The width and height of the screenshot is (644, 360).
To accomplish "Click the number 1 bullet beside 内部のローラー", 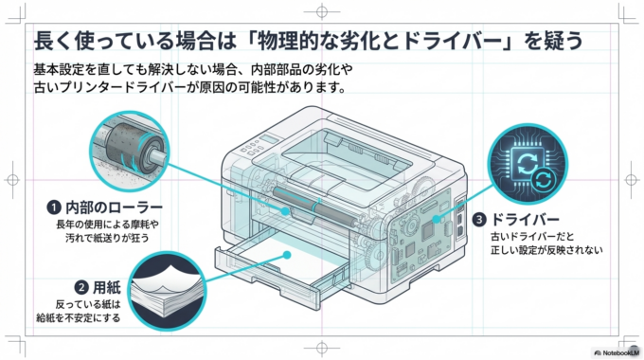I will coord(55,207).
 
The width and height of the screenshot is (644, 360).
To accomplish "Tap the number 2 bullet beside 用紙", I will coord(82,287).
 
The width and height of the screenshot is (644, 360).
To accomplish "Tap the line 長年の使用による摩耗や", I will coord(107,224).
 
